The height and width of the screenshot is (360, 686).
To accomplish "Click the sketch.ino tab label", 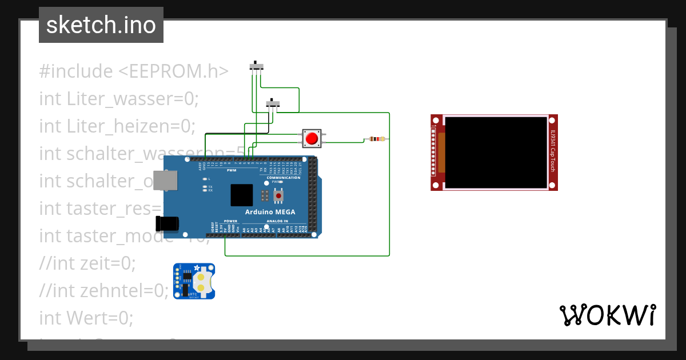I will pyautogui.click(x=101, y=25).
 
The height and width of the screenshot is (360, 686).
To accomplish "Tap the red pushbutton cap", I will pyautogui.click(x=312, y=138).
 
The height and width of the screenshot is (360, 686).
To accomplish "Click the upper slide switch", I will pyautogui.click(x=257, y=67).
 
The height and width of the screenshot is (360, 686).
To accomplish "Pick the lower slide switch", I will pyautogui.click(x=274, y=103).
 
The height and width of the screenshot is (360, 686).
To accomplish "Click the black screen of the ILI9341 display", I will pyautogui.click(x=496, y=153).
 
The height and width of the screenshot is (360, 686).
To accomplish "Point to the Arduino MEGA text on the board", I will pyautogui.click(x=270, y=212).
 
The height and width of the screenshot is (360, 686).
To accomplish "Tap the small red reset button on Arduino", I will pyautogui.click(x=278, y=196).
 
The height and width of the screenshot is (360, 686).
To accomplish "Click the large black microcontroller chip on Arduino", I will pyautogui.click(x=241, y=195).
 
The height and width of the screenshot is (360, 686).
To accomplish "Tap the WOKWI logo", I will pyautogui.click(x=607, y=315).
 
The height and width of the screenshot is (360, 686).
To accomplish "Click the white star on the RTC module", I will pyautogui.click(x=197, y=267).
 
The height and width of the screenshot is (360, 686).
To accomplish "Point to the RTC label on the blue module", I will pyautogui.click(x=193, y=294).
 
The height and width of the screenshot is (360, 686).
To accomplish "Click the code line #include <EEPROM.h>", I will pyautogui.click(x=134, y=71).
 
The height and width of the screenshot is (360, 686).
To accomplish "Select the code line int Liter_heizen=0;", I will pyautogui.click(x=117, y=126).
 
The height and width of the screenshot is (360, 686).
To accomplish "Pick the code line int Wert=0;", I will pyautogui.click(x=86, y=317).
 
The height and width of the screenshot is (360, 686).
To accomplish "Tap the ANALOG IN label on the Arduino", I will pyautogui.click(x=277, y=221).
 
